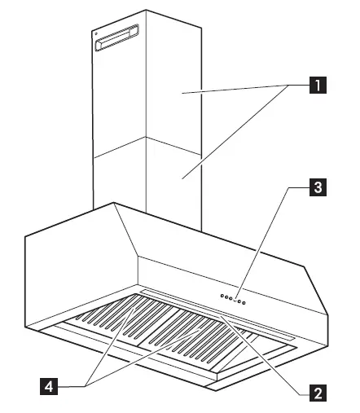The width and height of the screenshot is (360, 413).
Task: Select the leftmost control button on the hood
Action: [x=221, y=296]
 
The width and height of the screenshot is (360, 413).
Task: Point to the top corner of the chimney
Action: [x=147, y=11]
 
